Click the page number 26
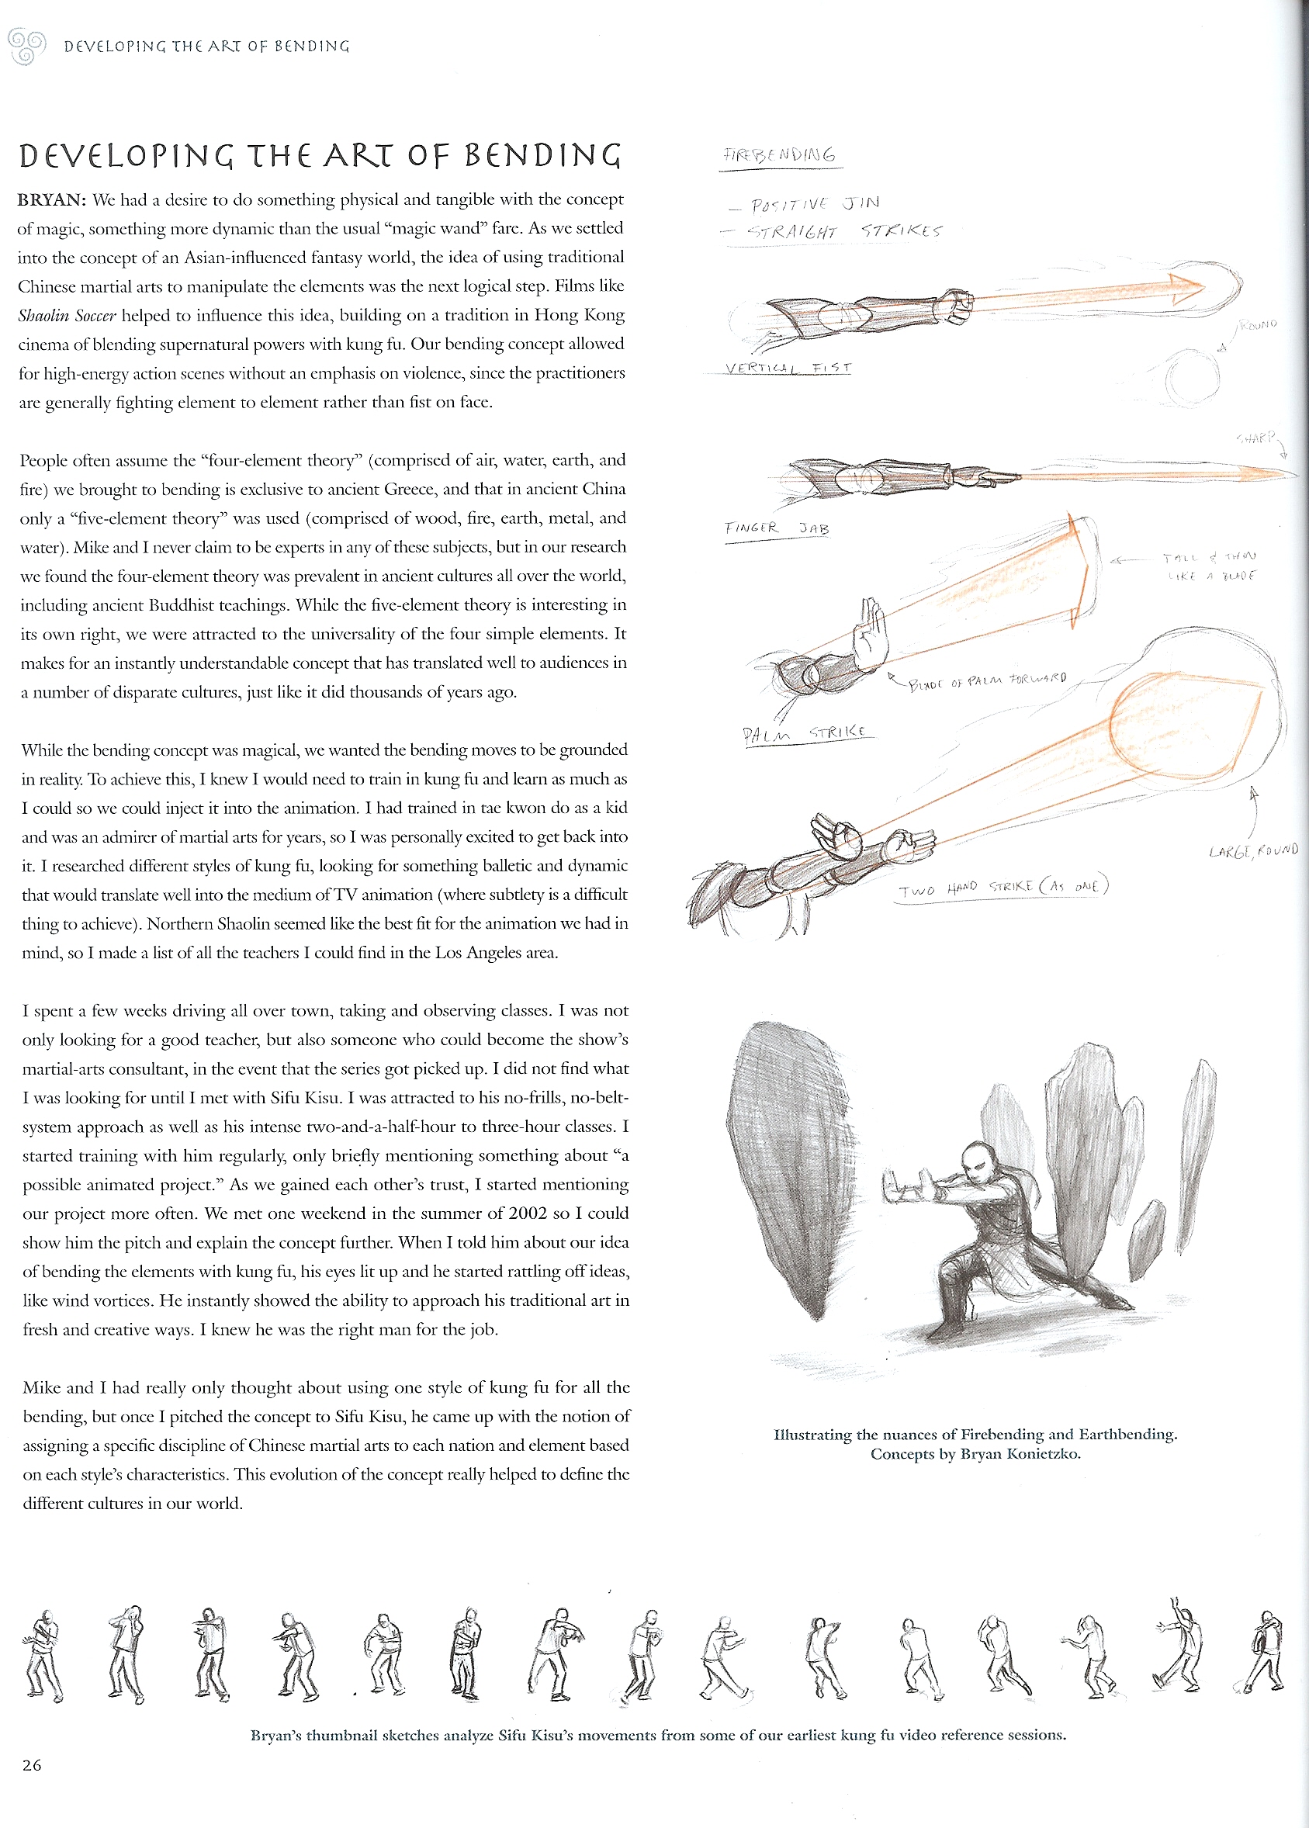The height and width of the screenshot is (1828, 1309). [32, 1764]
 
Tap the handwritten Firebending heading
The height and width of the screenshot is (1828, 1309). [780, 154]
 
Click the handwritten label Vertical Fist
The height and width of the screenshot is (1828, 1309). [788, 369]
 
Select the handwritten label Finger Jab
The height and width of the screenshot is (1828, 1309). [776, 528]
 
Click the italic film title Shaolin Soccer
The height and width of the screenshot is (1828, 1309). [67, 315]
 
